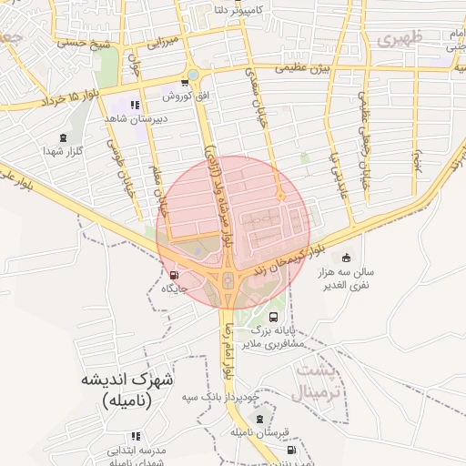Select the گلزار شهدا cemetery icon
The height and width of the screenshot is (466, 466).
pos(64,137)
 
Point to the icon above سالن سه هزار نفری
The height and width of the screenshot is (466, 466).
pos(345,258)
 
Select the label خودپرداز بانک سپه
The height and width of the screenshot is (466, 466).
pos(222,397)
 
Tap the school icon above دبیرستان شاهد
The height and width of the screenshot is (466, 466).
pos(136,105)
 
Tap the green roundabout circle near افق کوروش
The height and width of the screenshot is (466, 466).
pos(192,76)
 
